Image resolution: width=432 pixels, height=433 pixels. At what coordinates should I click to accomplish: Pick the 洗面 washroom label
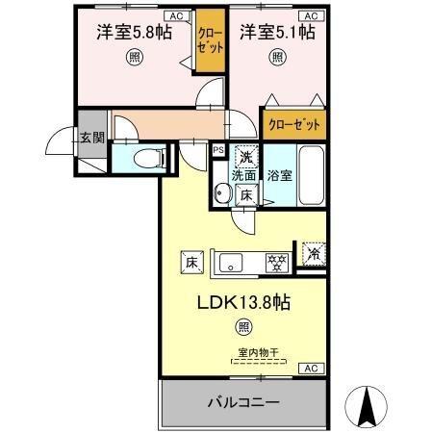pos(242,176)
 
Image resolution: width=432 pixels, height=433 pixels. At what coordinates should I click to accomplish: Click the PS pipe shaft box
pos(217,150)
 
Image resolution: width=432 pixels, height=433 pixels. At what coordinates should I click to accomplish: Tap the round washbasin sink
pos(222,195)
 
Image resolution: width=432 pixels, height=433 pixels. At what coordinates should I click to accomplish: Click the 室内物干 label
pos(258,353)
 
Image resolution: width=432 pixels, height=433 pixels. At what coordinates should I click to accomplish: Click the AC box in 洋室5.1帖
pos(312,16)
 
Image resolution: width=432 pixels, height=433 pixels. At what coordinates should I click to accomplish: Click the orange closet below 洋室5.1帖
pos(292,124)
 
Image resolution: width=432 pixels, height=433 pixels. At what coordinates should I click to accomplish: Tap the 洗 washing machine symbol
pos(245,157)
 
